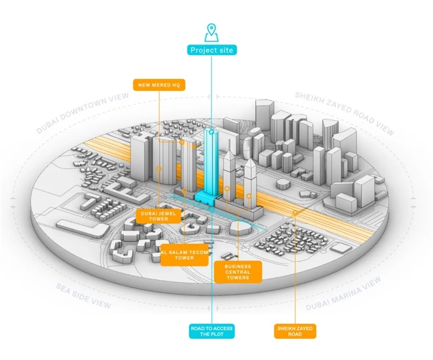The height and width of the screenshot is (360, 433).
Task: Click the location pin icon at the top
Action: click(x=212, y=31)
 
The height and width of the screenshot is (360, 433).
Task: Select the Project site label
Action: click(x=212, y=50)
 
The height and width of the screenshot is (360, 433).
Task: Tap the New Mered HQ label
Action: click(x=159, y=85)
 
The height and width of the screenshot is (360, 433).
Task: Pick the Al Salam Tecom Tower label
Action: click(x=184, y=254)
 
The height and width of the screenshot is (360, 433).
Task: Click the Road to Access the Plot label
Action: click(x=212, y=332)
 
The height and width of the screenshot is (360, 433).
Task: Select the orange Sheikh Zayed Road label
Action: click(x=294, y=332)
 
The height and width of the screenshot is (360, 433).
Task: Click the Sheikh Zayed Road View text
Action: click(x=344, y=114)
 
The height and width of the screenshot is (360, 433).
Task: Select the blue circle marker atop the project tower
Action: click(x=212, y=132)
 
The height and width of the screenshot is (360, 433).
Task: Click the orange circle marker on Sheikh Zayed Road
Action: click(x=295, y=212)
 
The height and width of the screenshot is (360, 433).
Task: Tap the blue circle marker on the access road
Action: click(x=212, y=210)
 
